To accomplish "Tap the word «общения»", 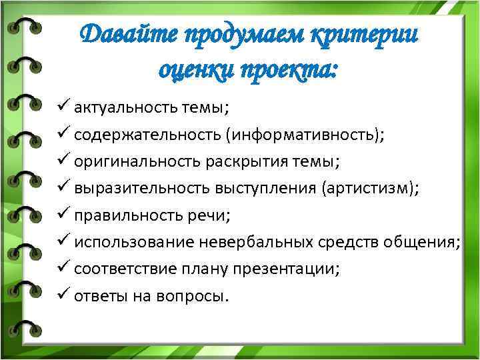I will point(424,242).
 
